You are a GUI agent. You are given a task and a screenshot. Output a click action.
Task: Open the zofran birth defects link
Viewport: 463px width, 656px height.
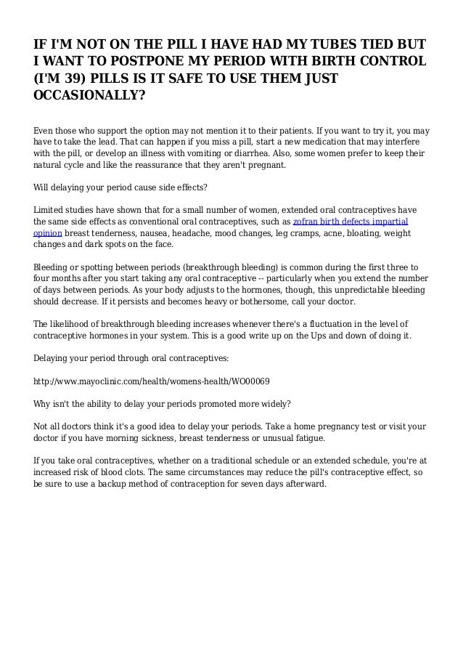tap(351, 220)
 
